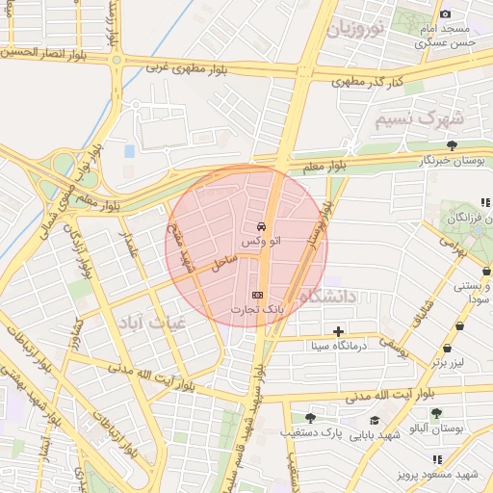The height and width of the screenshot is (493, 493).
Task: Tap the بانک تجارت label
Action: [255, 310]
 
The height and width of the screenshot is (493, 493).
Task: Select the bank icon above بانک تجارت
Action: [256, 293]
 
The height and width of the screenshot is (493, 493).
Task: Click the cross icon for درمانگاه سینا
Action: [338, 331]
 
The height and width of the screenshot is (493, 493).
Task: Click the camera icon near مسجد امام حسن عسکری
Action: [445, 13]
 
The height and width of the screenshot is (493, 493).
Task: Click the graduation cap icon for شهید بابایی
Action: [374, 420]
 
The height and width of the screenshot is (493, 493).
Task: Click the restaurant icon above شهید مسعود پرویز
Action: [437, 459]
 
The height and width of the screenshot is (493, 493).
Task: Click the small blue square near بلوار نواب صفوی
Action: [129, 151]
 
